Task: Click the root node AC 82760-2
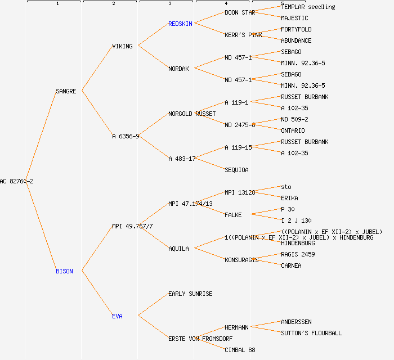[17, 181]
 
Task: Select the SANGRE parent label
[66, 91]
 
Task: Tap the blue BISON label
[64, 271]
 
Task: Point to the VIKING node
[122, 46]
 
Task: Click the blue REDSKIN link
[180, 24]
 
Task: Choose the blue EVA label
[117, 316]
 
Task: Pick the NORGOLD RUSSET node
[192, 114]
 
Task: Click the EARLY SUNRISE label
[190, 294]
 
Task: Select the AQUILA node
[178, 249]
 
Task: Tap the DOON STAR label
[240, 12]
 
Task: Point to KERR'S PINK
[243, 35]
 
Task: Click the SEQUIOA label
[236, 170]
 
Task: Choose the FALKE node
[233, 215]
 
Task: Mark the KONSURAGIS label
[241, 260]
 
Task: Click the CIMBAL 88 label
[240, 350]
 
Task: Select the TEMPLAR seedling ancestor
[308, 7]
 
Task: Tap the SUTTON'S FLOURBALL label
[311, 333]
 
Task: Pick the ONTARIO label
[293, 130]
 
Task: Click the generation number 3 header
[169, 4]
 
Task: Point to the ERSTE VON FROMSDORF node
[200, 339]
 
